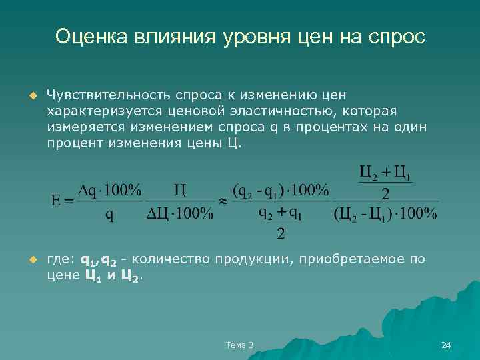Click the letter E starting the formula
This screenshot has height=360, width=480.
pos(56,200)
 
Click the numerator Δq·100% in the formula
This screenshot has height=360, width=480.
pos(110,190)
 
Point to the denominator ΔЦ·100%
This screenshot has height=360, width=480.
pos(179,214)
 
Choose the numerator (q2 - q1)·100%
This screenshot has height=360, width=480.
pos(281,190)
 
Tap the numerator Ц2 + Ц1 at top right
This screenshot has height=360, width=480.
pos(385,174)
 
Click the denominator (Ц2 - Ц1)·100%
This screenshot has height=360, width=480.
pos(385,214)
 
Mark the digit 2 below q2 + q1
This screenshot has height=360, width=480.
pos(281,234)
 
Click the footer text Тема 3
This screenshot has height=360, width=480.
pos(240,345)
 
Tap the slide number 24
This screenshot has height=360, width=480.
pos(446,345)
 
